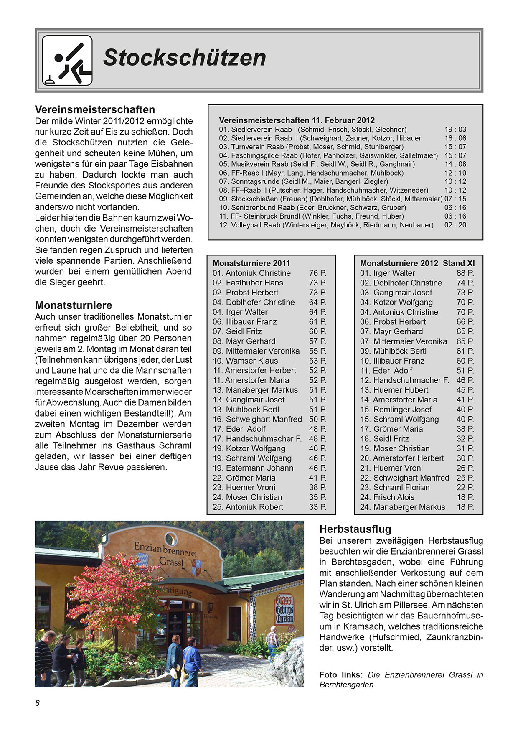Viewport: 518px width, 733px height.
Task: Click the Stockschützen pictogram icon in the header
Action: click(x=67, y=60)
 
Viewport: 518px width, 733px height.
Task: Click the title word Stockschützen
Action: click(x=184, y=58)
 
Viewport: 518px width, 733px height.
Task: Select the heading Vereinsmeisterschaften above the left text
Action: click(x=95, y=110)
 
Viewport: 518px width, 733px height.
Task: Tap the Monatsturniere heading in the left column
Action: click(x=74, y=305)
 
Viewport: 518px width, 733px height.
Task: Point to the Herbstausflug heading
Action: click(x=355, y=529)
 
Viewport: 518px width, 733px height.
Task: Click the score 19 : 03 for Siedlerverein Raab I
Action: click(x=455, y=130)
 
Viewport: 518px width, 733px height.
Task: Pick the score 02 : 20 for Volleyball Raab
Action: click(x=455, y=225)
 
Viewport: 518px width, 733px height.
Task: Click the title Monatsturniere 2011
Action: click(x=251, y=263)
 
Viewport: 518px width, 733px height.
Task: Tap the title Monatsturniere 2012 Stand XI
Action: click(x=417, y=263)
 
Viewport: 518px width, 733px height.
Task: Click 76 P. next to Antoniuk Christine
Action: click(x=317, y=273)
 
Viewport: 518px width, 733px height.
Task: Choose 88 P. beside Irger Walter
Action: click(x=465, y=273)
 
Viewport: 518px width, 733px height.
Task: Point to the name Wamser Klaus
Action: click(x=251, y=361)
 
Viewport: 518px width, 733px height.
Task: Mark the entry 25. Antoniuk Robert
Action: click(x=248, y=507)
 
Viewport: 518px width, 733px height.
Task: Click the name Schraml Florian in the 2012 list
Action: click(x=401, y=488)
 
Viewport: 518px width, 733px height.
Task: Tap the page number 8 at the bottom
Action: click(x=38, y=703)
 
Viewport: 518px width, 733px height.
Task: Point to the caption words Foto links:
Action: click(x=341, y=675)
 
